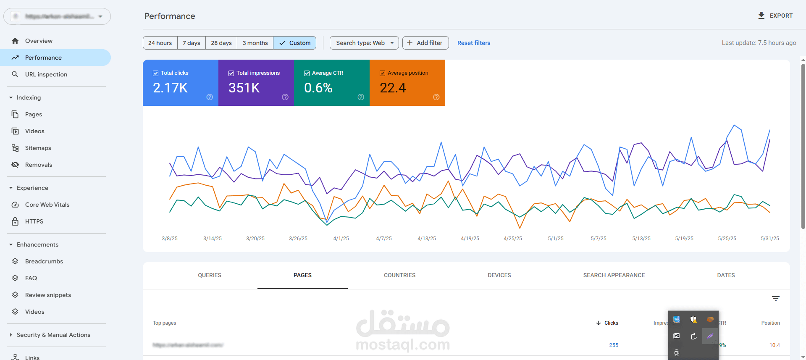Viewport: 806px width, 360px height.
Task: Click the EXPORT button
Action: coord(775,16)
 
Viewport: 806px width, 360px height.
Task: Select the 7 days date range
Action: coord(191,43)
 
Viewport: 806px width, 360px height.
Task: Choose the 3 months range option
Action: coord(255,43)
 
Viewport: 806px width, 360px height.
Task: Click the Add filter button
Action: coord(425,43)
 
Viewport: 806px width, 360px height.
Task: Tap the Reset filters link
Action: coord(473,43)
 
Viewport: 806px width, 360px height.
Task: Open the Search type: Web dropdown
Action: coord(364,43)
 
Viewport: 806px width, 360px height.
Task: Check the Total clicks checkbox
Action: coord(156,73)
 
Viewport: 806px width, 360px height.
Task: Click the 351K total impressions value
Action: coord(244,88)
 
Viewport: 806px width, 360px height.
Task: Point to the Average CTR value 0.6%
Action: coord(318,88)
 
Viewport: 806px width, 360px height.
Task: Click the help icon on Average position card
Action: coord(436,97)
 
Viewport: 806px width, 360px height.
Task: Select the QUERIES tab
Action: coord(210,275)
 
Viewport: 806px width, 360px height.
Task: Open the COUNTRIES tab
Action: coord(399,275)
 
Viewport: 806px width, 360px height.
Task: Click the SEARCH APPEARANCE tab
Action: coord(614,275)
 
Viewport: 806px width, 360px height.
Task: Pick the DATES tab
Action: coord(726,275)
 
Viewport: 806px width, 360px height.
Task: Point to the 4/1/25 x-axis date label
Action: coord(341,239)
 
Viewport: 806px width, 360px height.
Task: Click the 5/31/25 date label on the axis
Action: coord(769,239)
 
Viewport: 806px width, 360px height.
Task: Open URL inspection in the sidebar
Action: coord(46,74)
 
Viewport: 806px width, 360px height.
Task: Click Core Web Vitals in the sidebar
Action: coord(47,205)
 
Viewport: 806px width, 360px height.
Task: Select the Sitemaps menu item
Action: coord(38,148)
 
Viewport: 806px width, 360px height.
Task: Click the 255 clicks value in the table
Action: coord(614,345)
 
